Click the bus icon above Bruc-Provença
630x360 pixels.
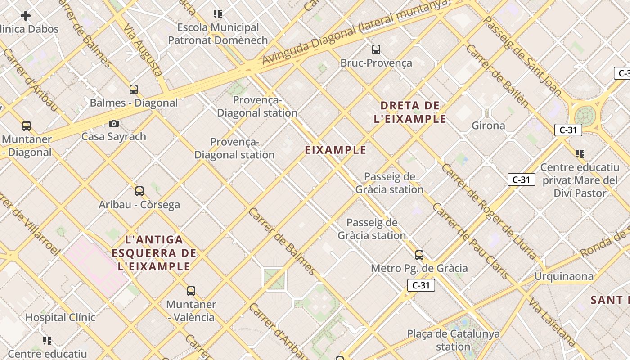coord(376,49)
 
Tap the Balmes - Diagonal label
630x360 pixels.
coord(134,103)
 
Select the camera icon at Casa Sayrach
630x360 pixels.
coord(114,123)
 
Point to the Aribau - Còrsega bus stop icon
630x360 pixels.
coord(139,191)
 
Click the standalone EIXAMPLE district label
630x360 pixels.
coord(336,150)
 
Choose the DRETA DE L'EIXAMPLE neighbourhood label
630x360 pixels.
coord(413,112)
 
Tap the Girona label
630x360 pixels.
coord(488,126)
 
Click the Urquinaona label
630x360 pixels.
coord(564,276)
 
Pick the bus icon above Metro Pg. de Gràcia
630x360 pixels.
coord(419,255)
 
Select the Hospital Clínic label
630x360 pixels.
coord(60,317)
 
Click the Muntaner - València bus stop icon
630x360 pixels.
coord(191,291)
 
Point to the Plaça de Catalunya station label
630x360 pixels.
coord(453,340)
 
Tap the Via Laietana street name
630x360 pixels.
coord(552,322)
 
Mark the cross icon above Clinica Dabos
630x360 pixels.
coord(26,16)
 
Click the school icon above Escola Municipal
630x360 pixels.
coord(218,14)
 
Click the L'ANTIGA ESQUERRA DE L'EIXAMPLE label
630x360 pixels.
coord(154,253)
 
